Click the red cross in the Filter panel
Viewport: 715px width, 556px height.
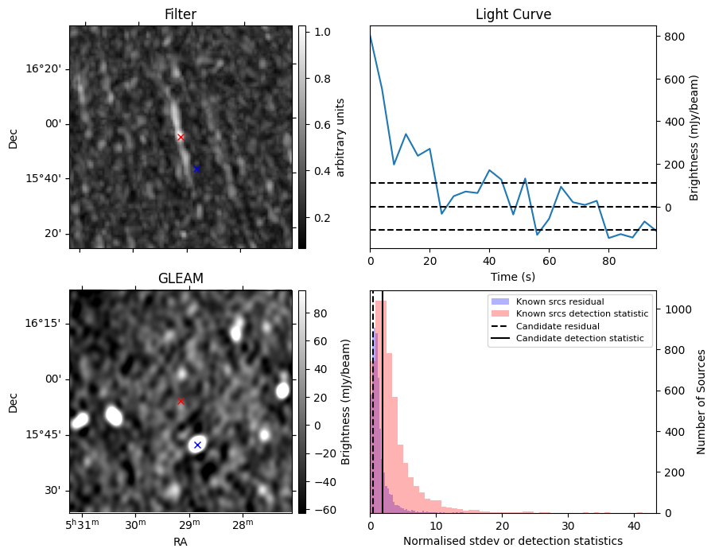point(181,137)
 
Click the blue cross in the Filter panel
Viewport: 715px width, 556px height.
point(196,169)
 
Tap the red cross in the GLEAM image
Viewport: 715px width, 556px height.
point(181,401)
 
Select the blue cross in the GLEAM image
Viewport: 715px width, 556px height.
point(197,445)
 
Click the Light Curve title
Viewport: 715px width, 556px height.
point(513,14)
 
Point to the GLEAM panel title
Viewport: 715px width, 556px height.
point(181,278)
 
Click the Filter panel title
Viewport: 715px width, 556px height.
point(181,14)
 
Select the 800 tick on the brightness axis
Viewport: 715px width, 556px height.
point(674,37)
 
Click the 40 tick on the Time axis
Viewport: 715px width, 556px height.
point(489,261)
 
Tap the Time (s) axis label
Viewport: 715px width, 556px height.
point(513,277)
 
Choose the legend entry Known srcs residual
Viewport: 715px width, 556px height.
point(560,301)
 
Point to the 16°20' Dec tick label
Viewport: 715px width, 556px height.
point(43,69)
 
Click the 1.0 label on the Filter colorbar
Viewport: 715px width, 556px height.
point(322,32)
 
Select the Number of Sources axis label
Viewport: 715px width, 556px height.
point(701,402)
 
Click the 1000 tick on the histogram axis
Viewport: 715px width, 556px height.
point(678,309)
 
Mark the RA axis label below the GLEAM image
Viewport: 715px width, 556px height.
point(180,542)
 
